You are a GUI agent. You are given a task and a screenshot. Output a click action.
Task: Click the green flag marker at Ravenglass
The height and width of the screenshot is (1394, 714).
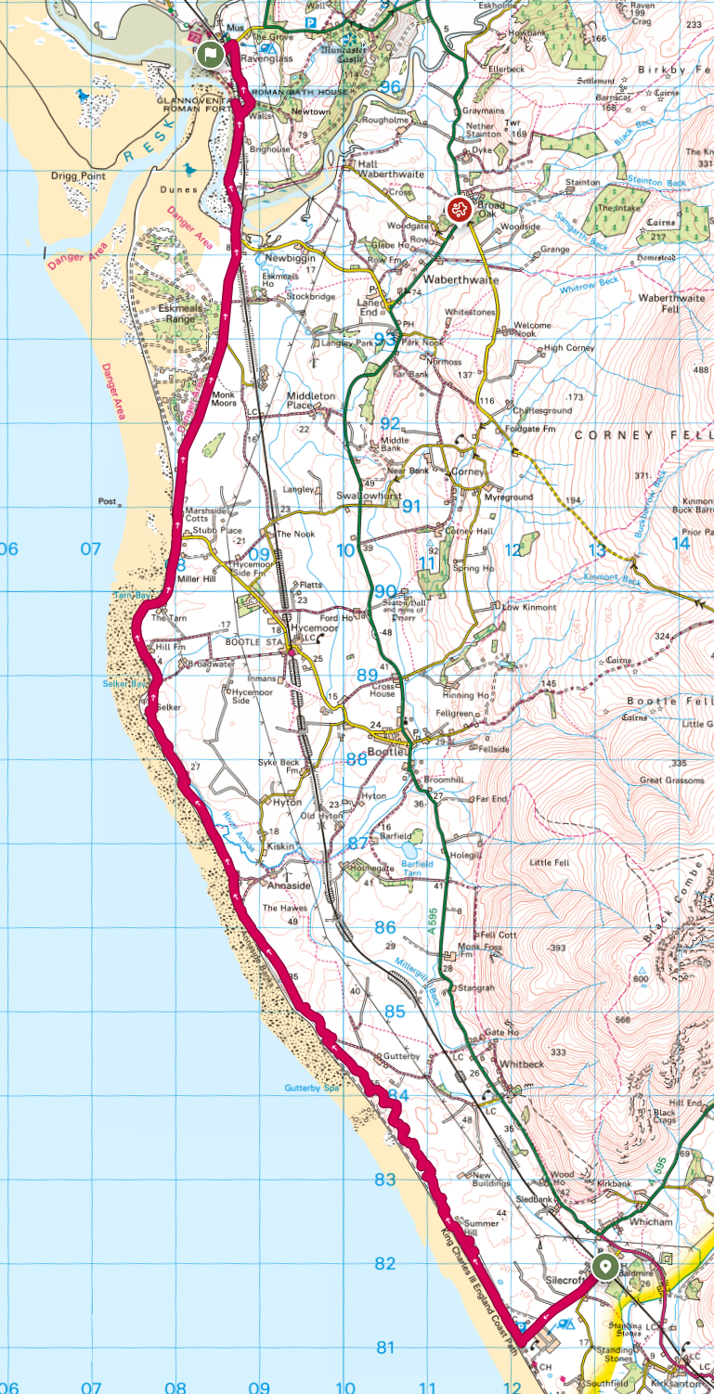pos(212,54)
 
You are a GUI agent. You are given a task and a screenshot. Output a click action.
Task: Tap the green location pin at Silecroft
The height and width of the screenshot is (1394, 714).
pos(606,1266)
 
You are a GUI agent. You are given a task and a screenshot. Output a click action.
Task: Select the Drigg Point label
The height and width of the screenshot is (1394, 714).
pos(80,175)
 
